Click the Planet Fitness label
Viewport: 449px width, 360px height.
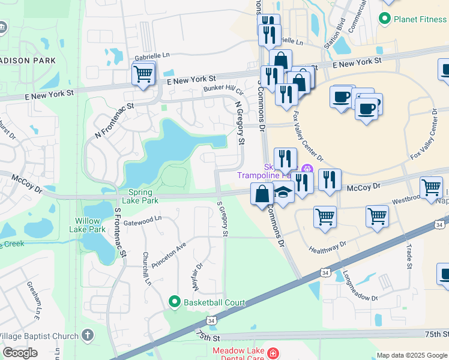420,19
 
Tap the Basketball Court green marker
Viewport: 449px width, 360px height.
175,301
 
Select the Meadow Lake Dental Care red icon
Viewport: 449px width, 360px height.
274,353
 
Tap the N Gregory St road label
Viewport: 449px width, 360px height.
240,123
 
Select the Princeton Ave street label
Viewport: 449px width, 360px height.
169,254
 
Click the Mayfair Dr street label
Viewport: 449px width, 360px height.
199,263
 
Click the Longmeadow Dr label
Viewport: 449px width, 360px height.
360,285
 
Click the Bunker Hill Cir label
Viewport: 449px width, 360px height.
223,90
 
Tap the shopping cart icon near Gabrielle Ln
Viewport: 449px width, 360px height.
143,74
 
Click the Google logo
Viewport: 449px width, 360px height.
20,353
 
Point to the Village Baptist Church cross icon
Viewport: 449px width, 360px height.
88,335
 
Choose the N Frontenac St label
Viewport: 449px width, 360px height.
113,121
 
